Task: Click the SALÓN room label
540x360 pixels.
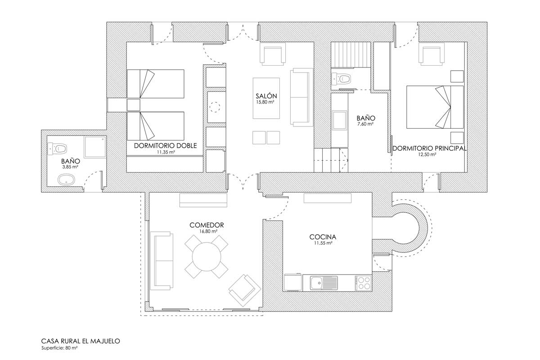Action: (x=266, y=96)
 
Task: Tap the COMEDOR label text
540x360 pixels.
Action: (x=207, y=225)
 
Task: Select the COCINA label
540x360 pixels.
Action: (x=323, y=237)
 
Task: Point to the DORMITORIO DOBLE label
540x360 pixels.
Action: (x=166, y=146)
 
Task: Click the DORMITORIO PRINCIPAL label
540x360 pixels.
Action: (x=429, y=148)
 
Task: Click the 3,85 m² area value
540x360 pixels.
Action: (x=70, y=166)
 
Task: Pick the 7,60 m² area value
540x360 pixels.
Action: (x=365, y=124)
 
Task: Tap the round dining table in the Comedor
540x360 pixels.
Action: (x=207, y=257)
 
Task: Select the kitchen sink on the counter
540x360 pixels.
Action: (x=324, y=283)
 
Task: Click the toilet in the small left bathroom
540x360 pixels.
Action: (x=58, y=148)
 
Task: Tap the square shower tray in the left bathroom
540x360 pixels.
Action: (x=95, y=147)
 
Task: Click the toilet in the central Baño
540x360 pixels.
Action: (x=341, y=79)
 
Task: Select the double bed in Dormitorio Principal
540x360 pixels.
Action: (x=435, y=107)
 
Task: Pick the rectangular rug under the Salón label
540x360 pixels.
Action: (x=266, y=98)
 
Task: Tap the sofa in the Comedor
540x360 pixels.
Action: (x=162, y=261)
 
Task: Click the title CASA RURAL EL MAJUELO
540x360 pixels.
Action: (x=81, y=341)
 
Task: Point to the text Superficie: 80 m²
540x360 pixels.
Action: (x=59, y=348)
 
